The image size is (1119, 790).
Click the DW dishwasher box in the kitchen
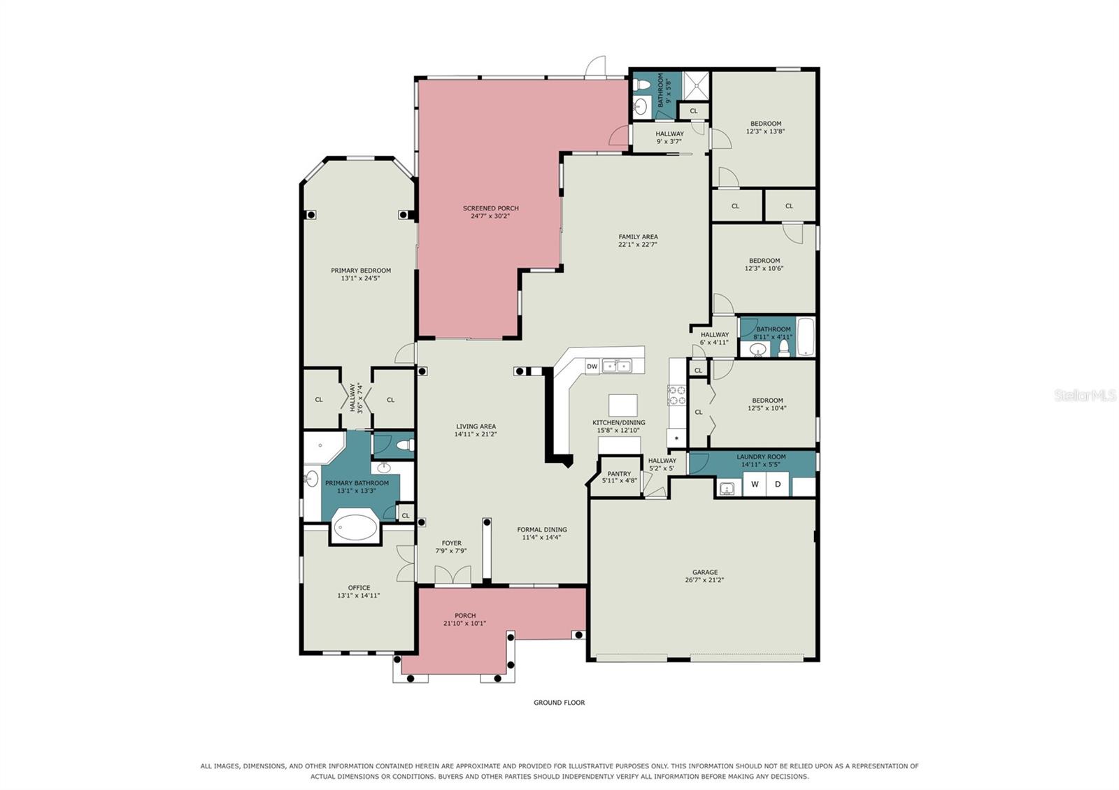click(592, 366)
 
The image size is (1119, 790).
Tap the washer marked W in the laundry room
click(755, 484)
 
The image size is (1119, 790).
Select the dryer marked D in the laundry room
click(777, 484)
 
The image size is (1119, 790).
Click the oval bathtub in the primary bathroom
click(355, 527)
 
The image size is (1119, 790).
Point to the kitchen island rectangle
click(622, 405)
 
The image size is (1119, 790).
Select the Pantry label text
click(619, 474)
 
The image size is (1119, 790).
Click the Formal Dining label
click(542, 529)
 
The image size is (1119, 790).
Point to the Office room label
click(359, 588)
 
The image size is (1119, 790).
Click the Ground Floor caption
click(559, 703)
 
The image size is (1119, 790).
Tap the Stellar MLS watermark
click(1085, 396)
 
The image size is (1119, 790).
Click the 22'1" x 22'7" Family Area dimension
click(637, 245)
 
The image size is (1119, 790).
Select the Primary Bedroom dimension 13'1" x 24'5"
click(361, 279)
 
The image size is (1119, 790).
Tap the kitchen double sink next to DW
click(617, 366)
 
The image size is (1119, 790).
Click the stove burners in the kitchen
click(677, 394)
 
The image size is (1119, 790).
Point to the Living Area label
click(476, 426)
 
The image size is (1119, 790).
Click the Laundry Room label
click(761, 457)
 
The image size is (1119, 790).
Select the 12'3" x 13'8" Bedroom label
click(765, 128)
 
